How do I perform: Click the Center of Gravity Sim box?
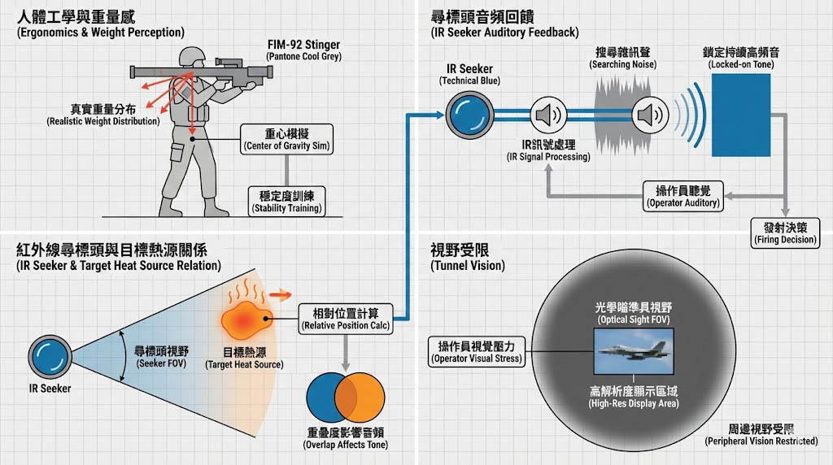click(x=287, y=139)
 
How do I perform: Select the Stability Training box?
click(x=286, y=201)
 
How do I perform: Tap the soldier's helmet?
click(x=192, y=56)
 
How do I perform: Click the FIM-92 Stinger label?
click(x=303, y=50)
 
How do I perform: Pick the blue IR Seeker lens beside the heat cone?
click(x=50, y=357)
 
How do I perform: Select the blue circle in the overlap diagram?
click(x=328, y=393)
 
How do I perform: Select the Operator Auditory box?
click(x=683, y=196)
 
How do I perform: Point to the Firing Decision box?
click(x=786, y=232)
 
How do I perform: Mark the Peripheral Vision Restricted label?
click(x=761, y=434)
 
